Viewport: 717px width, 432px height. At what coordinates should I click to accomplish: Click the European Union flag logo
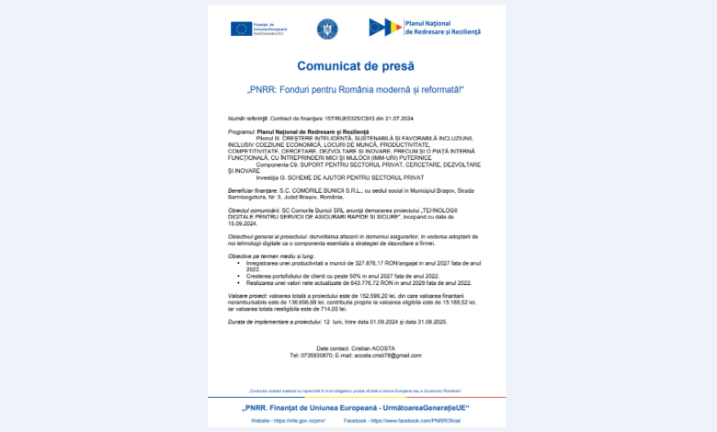(x=242, y=28)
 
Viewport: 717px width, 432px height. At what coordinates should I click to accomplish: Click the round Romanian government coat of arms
(x=327, y=28)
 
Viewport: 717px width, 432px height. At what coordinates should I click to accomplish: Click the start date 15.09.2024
(x=240, y=221)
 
